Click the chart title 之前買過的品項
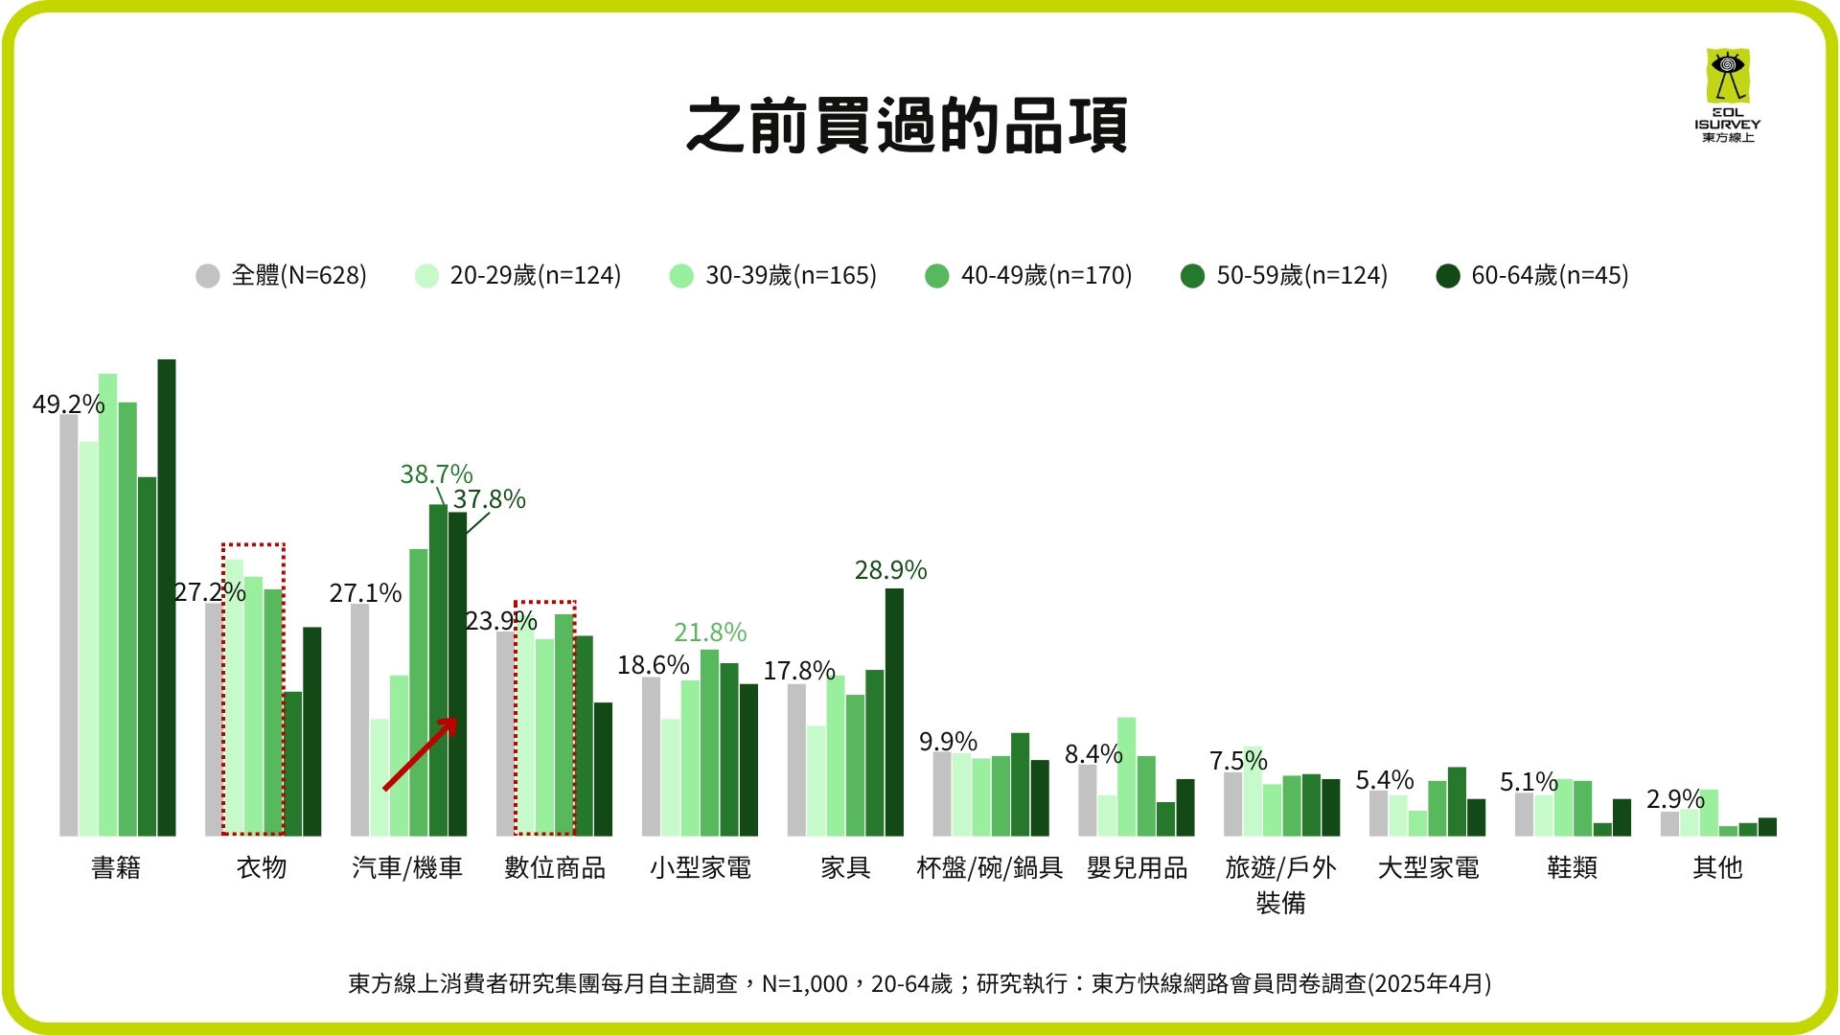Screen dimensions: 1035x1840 pos(907,126)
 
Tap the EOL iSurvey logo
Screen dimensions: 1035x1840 pos(1727,95)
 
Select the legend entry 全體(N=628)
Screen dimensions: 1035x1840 pos(281,276)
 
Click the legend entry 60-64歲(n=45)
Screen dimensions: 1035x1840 pos(1532,276)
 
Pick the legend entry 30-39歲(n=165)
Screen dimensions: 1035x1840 pos(773,276)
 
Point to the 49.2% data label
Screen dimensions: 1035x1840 pos(68,404)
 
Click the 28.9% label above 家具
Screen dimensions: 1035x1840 pos(890,570)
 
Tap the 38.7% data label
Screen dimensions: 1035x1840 pos(436,474)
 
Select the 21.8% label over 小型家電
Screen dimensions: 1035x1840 pos(709,632)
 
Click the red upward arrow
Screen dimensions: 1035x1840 pos(420,754)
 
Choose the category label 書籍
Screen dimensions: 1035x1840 pos(116,868)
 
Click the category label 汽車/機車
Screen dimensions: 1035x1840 pos(407,868)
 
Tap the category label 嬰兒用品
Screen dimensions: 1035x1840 pos(1137,868)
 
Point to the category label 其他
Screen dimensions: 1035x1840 pos(1716,868)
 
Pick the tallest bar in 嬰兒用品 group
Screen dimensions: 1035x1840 pos(1126,776)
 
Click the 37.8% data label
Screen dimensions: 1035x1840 pos(489,499)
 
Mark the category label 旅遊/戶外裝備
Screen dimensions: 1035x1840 pos(1280,884)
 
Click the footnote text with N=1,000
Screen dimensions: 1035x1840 pos(919,984)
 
